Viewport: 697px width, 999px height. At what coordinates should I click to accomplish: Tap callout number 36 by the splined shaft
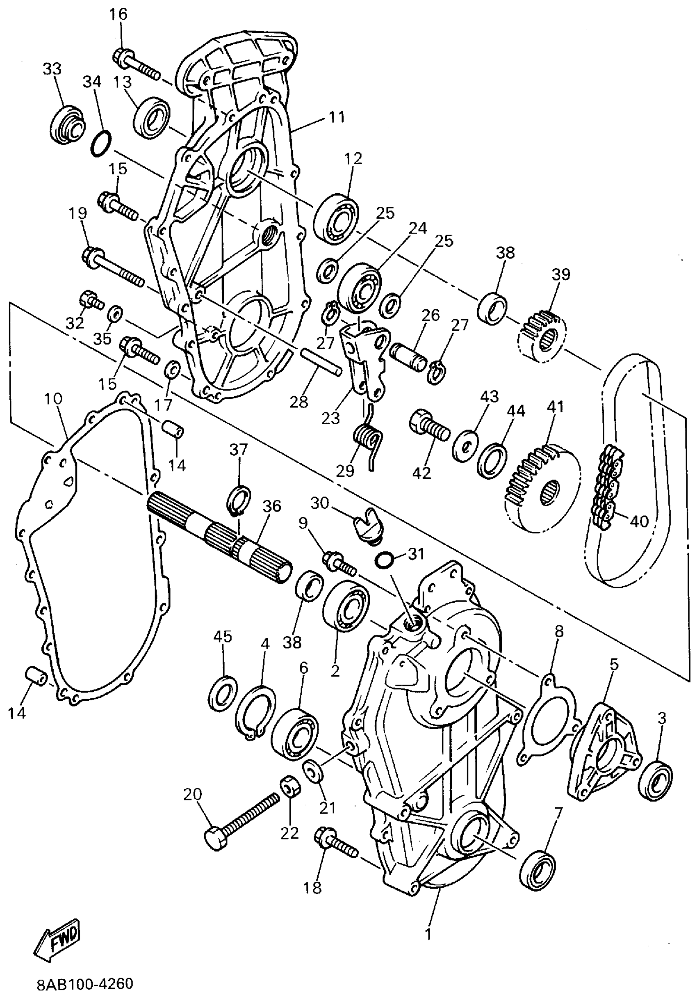(272, 506)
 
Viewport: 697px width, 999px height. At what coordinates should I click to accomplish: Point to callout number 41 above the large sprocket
(555, 407)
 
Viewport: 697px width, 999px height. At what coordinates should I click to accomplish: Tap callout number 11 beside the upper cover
(336, 117)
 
